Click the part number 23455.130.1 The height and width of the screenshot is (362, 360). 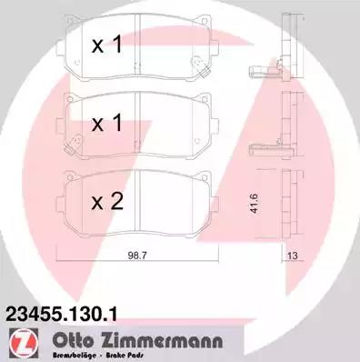click(62, 314)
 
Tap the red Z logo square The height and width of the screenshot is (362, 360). click(24, 343)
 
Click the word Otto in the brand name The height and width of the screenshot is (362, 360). click(73, 341)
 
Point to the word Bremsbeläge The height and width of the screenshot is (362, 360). click(75, 355)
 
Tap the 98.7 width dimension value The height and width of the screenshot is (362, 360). click(137, 256)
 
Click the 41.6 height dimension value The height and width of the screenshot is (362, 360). click(254, 204)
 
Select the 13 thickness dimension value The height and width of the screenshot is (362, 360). click(293, 256)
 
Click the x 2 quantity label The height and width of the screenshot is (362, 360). click(107, 201)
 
